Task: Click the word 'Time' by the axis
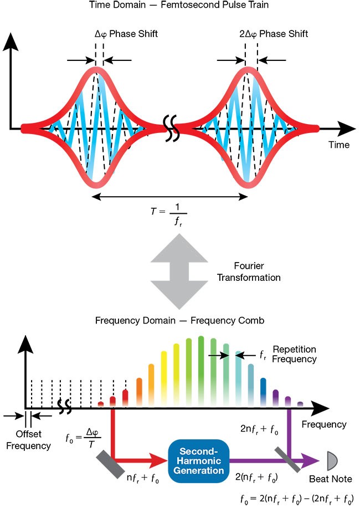tap(338, 145)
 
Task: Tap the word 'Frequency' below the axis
tap(324, 425)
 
